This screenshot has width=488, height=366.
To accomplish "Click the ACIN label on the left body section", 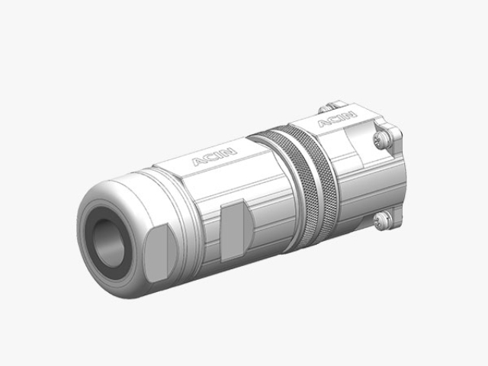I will (214, 156).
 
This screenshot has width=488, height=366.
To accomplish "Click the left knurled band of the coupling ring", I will (293, 187).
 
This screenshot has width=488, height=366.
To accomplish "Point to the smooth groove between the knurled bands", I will (309, 183).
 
